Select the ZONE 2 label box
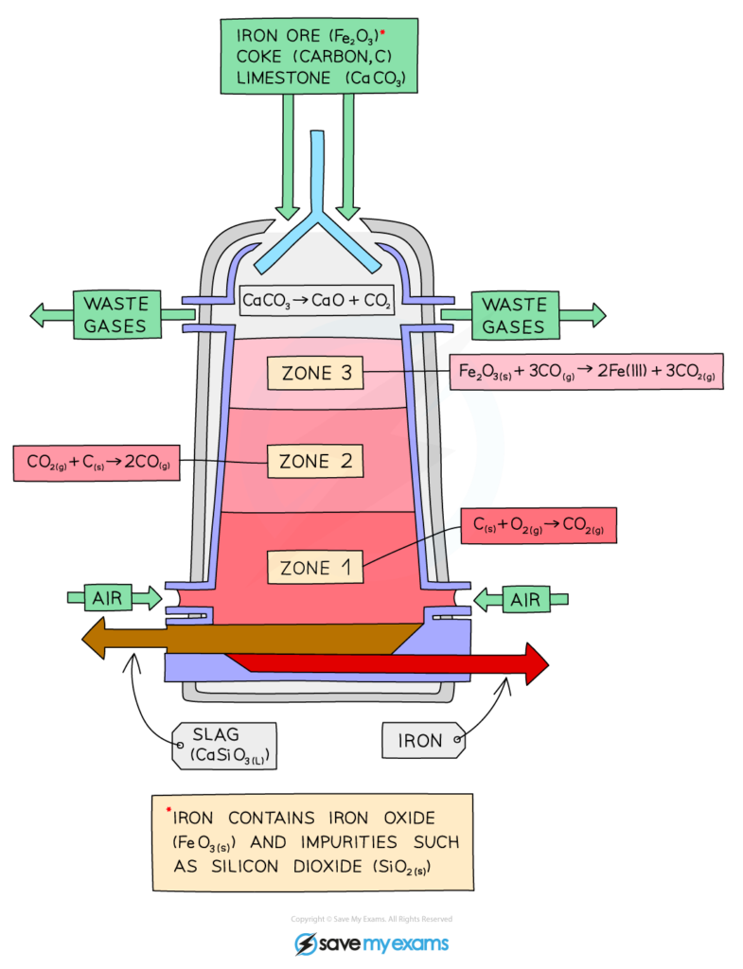click(x=315, y=462)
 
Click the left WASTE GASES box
click(x=115, y=315)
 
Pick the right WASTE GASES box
click(x=514, y=315)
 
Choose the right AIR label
click(x=525, y=599)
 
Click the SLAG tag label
click(x=225, y=746)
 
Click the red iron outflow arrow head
click(x=536, y=663)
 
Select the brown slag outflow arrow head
click(x=95, y=639)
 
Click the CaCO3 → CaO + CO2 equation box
click(x=316, y=302)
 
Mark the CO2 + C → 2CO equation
click(x=97, y=462)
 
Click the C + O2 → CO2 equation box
click(x=538, y=525)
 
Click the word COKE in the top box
click(x=264, y=58)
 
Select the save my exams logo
click(x=371, y=943)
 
